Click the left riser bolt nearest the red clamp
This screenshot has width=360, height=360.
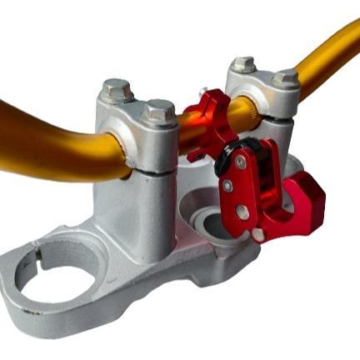[x=157, y=109]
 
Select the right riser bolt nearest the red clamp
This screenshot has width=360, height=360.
[x=243, y=63]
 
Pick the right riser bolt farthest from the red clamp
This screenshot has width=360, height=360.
[x=285, y=77]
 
